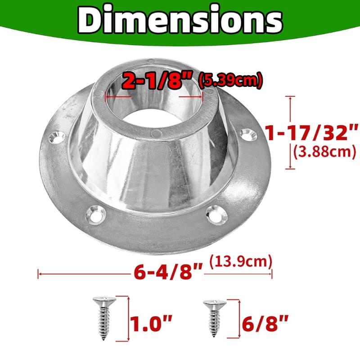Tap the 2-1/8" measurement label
157,81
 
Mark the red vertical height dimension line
291,133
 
